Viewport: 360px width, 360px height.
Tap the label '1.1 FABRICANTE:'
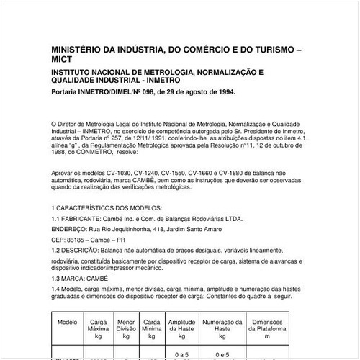point(76,217)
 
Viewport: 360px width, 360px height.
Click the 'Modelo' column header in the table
point(67,323)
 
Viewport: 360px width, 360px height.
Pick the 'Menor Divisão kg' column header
point(126,329)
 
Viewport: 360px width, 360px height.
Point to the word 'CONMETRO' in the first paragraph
point(94,153)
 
